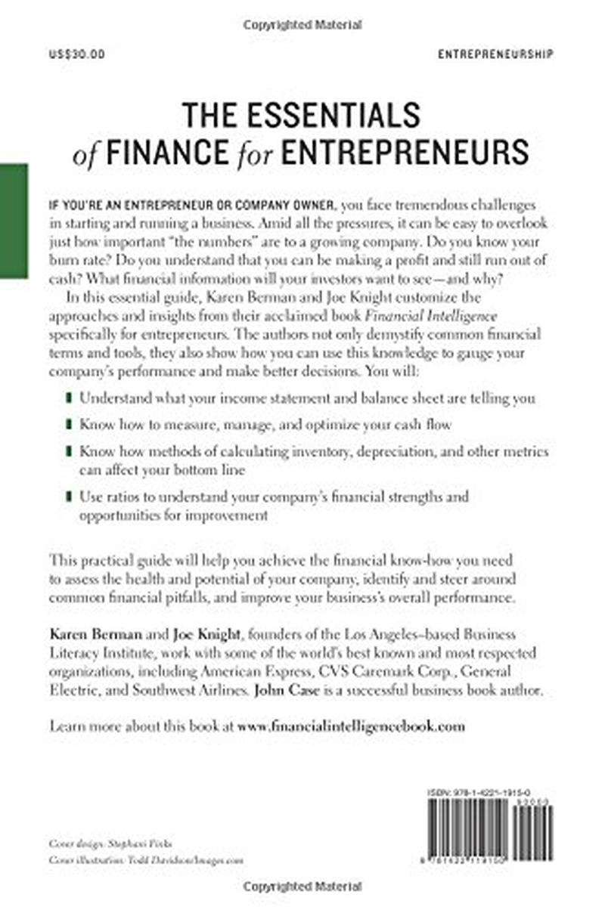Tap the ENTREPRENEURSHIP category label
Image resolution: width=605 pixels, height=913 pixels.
tap(495, 54)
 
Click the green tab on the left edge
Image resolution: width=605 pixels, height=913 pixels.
tap(14, 221)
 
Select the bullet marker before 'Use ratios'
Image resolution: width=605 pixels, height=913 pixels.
tap(70, 497)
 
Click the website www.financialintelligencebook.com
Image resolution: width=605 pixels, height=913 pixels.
tap(350, 726)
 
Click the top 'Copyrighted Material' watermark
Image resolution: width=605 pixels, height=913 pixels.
tap(302, 24)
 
